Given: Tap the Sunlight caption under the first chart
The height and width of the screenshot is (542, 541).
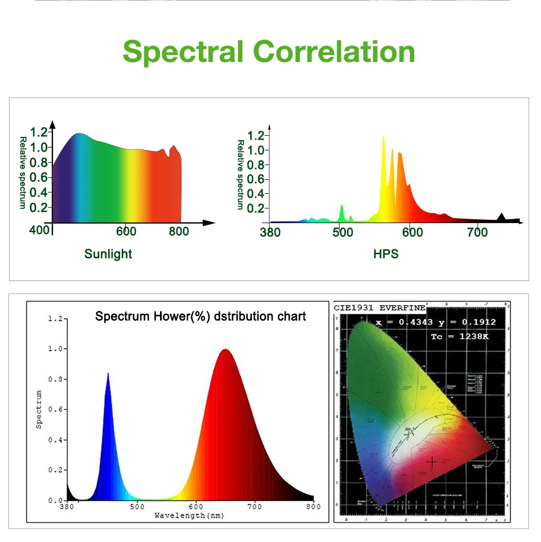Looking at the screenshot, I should pos(108,254).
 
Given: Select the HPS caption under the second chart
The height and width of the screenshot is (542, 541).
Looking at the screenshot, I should pos(386,254).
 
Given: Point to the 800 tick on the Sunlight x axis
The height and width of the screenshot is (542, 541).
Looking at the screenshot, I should pos(179,232).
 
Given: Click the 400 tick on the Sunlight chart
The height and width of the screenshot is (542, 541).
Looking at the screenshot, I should pos(40,230).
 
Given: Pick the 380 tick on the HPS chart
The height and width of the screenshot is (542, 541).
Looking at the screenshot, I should pos(270,232).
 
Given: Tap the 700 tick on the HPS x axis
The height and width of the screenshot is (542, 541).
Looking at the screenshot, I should pos(478,232).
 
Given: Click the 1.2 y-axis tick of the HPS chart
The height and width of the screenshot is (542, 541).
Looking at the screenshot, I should pos(256,135).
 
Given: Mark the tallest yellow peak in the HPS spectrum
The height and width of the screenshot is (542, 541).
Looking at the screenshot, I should pos(384,137).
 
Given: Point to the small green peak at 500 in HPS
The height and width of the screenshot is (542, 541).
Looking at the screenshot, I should pos(342,207).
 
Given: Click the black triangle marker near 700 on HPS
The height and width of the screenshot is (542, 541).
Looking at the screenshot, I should pos(502,217).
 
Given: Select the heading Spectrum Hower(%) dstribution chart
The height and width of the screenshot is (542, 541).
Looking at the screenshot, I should pos(201,316).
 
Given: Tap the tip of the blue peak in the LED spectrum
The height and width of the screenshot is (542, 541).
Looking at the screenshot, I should pos(108,374).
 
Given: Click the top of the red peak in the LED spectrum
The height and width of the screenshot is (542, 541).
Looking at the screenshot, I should pos(225,350).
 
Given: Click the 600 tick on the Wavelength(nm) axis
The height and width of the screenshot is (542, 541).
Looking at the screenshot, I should pos(196,507).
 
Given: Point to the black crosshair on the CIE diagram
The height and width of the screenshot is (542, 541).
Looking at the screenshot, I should pos(432,462).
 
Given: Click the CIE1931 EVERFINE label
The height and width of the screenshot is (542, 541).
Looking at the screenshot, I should pos(380,308).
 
